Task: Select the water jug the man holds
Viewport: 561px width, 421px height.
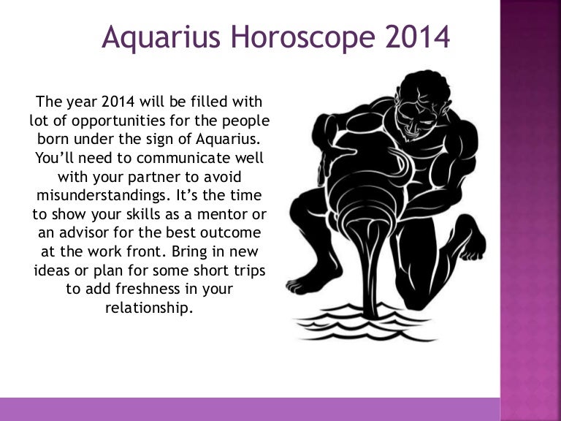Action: pyautogui.click(x=343, y=168)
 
